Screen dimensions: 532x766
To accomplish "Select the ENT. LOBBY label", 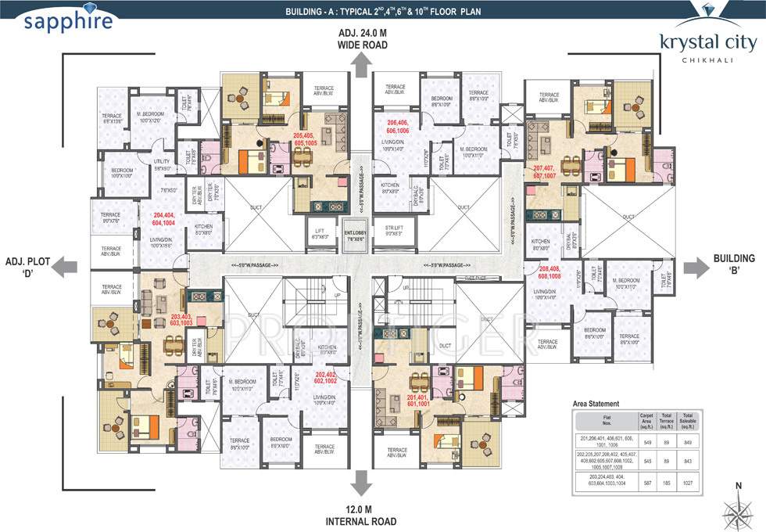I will tap(359, 235).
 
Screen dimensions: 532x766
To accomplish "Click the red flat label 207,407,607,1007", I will tap(549, 171).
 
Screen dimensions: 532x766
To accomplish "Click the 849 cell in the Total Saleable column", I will tap(688, 442).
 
